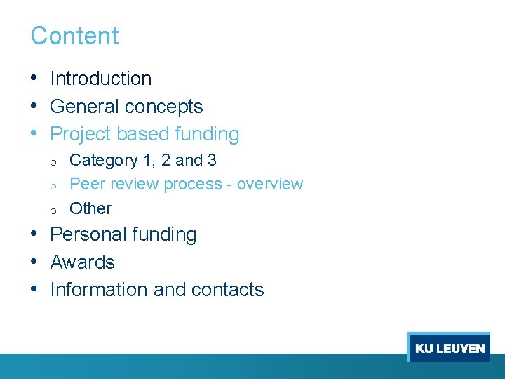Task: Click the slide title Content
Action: click(x=74, y=36)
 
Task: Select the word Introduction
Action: click(x=101, y=79)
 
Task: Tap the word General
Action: click(x=80, y=107)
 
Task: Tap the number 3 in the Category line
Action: click(x=212, y=161)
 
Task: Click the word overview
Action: click(x=270, y=184)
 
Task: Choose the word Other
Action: click(x=90, y=208)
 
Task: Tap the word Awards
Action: click(x=83, y=262)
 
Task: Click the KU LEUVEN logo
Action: click(x=449, y=347)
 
